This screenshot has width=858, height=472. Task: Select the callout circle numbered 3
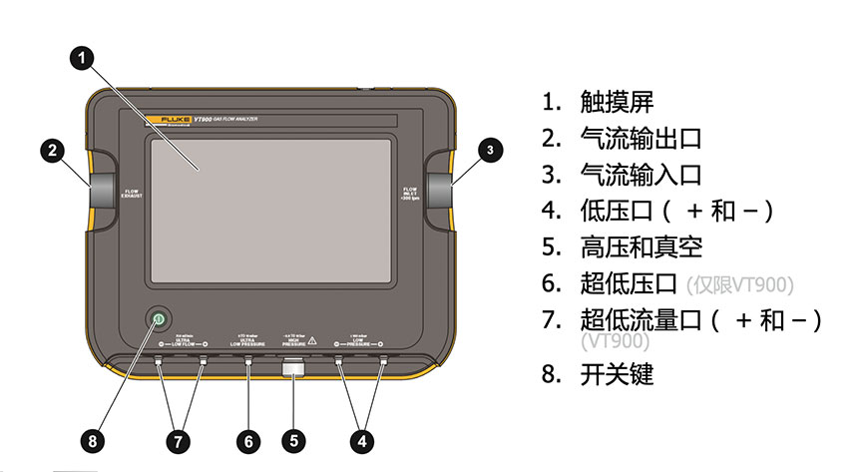[489, 151]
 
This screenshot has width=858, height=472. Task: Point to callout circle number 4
[361, 440]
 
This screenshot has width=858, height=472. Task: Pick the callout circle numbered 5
[292, 440]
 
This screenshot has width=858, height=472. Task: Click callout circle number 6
[248, 440]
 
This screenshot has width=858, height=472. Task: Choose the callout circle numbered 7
[181, 440]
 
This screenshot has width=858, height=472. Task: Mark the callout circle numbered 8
[93, 440]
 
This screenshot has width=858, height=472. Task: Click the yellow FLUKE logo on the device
[172, 120]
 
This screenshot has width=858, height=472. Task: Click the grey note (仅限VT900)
[740, 284]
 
